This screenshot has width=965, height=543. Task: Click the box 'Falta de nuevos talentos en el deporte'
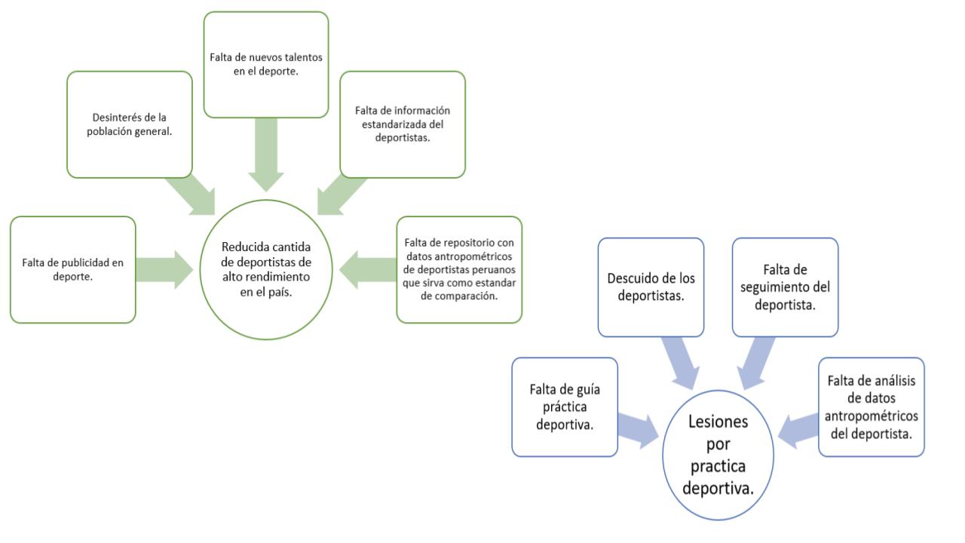pos(266,65)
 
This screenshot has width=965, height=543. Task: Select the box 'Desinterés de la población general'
pos(129,124)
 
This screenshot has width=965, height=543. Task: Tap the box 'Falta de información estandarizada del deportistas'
pos(403,124)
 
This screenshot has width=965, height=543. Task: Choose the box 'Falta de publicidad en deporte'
pos(73,270)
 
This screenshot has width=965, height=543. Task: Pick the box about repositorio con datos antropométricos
pos(459,270)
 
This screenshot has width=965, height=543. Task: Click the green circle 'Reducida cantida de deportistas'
pos(266,270)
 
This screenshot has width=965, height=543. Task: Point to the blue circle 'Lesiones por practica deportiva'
pos(718,455)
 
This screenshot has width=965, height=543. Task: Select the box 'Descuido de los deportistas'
pos(651,287)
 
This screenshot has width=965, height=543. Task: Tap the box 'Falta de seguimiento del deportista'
pos(786,287)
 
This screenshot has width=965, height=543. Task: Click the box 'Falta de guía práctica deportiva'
pos(565,406)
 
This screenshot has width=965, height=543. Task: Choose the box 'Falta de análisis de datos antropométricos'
pos(872,406)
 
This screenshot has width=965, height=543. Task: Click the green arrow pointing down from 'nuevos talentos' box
pos(266,155)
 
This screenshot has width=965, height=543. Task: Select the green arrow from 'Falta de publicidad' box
pos(164,270)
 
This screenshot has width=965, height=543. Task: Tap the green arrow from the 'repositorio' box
pos(367,270)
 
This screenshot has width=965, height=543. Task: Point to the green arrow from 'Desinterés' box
pos(192,194)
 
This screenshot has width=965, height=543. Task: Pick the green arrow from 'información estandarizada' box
pos(340,195)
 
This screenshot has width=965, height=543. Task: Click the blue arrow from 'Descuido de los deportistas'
pos(680,363)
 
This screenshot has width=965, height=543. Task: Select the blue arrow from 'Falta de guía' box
pos(639,431)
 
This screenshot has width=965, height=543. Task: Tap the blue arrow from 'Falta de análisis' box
pos(798,431)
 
